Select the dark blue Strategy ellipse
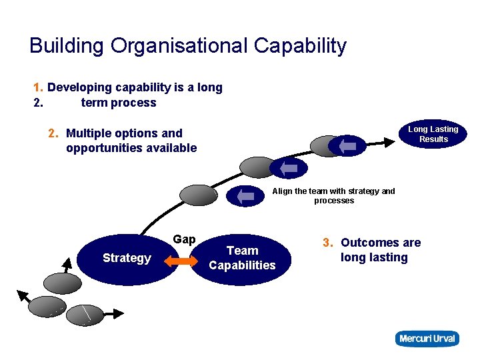pyautogui.click(x=127, y=258)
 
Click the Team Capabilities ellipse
pyautogui.click(x=242, y=258)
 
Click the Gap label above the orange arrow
pyautogui.click(x=184, y=239)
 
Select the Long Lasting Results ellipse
pyautogui.click(x=433, y=134)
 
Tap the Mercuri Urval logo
pyautogui.click(x=427, y=339)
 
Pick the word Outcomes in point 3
pyautogui.click(x=371, y=243)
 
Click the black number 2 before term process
pyautogui.click(x=37, y=103)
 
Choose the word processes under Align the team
pyautogui.click(x=334, y=201)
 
